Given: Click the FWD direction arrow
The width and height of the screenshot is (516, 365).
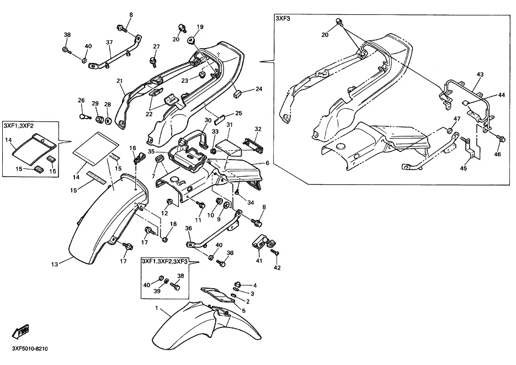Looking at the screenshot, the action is (21, 331).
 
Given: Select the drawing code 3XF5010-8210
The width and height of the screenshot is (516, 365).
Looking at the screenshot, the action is (30, 348).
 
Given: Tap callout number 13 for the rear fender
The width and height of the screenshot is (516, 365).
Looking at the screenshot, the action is (55, 265).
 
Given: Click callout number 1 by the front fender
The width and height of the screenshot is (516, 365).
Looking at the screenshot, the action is (157, 308).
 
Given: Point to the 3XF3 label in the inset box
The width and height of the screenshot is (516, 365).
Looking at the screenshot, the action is (283, 19).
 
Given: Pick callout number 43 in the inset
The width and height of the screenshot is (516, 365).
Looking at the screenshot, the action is (480, 75).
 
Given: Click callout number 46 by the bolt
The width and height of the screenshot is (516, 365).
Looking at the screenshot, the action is (498, 154).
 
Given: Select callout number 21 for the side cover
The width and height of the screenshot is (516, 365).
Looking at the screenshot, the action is (119, 81).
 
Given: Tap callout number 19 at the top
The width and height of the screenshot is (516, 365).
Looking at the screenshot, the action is (200, 27).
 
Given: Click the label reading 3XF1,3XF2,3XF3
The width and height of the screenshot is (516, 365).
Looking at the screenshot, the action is (164, 261).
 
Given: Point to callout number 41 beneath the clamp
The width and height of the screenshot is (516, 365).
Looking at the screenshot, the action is (259, 261).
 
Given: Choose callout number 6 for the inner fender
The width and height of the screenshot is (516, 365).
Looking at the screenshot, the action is (267, 163).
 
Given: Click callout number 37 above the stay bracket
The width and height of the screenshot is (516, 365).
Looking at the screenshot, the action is (109, 42).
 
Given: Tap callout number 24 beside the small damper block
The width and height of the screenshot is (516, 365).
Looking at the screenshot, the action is (259, 89).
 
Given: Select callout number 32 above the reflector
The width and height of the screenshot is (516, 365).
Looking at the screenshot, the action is (258, 129).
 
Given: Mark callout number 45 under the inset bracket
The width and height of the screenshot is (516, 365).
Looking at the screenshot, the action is (464, 168).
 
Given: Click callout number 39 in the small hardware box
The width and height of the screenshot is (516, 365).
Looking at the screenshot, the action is (157, 291).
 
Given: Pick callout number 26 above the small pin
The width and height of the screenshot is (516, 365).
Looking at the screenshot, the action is (81, 100).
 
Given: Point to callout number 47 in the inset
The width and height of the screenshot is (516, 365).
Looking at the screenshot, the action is (457, 119).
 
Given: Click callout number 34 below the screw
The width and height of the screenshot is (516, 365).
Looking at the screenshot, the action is (251, 203).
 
